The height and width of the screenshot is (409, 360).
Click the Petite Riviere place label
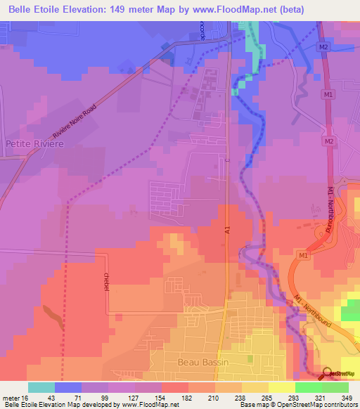(x=34, y=143)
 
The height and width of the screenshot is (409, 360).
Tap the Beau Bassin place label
(x=201, y=362)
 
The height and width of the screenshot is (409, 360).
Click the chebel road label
(x=107, y=283)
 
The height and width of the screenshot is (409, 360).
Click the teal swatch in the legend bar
(x=41, y=387)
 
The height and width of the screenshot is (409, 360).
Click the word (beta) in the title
(x=339, y=9)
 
